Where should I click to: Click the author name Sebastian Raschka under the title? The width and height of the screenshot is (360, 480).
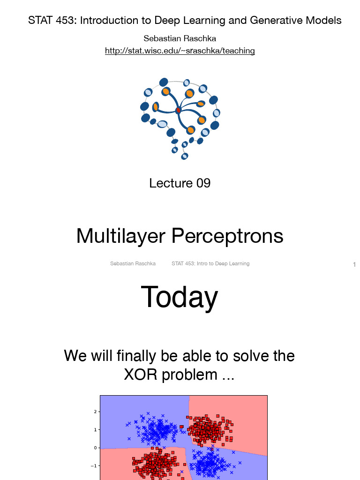(x=180, y=38)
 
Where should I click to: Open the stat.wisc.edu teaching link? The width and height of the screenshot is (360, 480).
(x=180, y=51)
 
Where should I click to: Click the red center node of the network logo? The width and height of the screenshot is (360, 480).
(x=178, y=110)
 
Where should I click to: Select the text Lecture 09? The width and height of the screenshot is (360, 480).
(x=180, y=183)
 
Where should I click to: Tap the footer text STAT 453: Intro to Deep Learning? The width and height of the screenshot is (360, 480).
(x=210, y=264)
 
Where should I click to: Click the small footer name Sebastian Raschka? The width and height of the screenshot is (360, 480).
(x=133, y=264)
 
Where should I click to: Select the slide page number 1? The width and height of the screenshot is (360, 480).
(x=354, y=265)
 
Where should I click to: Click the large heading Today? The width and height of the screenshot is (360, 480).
(x=180, y=297)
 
